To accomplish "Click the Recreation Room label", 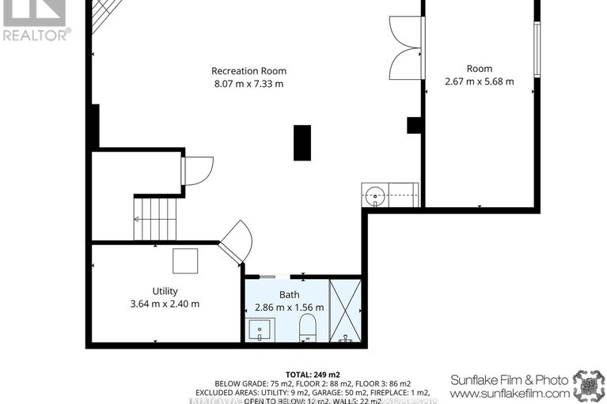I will tap(248, 70).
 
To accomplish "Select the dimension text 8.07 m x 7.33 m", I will tap(248, 84).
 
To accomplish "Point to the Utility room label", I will tap(165, 290).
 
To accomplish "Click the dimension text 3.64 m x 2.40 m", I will tap(165, 304).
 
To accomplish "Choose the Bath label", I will tap(289, 294).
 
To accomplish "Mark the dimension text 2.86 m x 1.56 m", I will tap(289, 308).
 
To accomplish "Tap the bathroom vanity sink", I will tap(260, 330).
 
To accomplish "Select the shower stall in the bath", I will tap(345, 310).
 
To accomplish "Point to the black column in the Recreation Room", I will tap(302, 142).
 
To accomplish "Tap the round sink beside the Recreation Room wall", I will tap(375, 194).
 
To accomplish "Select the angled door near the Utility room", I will tap(234, 241).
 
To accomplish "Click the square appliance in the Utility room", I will tap(186, 260).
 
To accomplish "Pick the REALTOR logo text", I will tap(36, 34).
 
